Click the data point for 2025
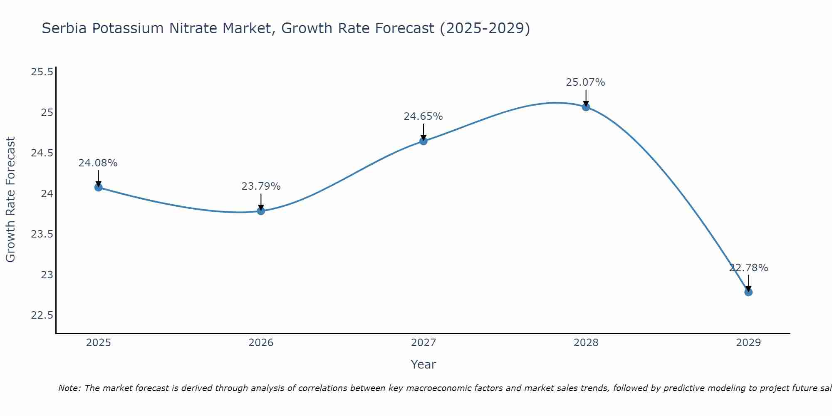coord(98,187)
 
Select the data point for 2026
coord(261,211)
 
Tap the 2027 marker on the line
coord(423,141)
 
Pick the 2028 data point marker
coord(586,107)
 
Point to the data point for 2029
coord(748,292)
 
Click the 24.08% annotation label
coord(98,163)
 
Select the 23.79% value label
coord(261,186)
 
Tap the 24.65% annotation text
coord(423,116)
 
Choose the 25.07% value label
coord(586,82)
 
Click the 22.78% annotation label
coord(748,268)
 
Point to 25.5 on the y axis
coord(42,72)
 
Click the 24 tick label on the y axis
coord(47,193)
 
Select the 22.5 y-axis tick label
coord(42,315)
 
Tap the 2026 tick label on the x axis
coord(261,343)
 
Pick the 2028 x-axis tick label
coord(586,343)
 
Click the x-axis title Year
coord(423,364)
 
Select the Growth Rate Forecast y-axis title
coord(11,200)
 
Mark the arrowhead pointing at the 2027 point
coord(423,138)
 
